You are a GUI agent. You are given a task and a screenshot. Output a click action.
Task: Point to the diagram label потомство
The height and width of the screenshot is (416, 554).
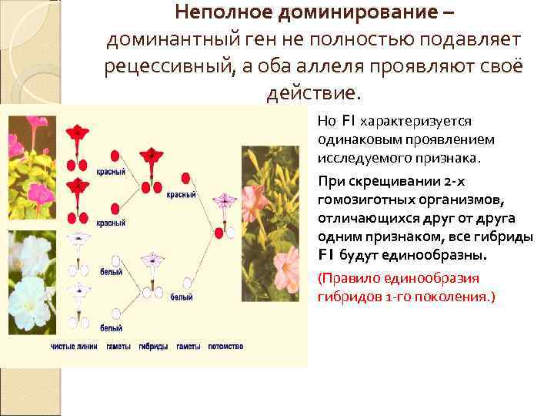tap(226, 347)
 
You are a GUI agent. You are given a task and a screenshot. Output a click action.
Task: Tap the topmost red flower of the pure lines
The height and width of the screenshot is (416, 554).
tap(77, 133)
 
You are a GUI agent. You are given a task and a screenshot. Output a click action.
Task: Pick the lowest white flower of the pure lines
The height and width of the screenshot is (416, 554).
tap(76, 292)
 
